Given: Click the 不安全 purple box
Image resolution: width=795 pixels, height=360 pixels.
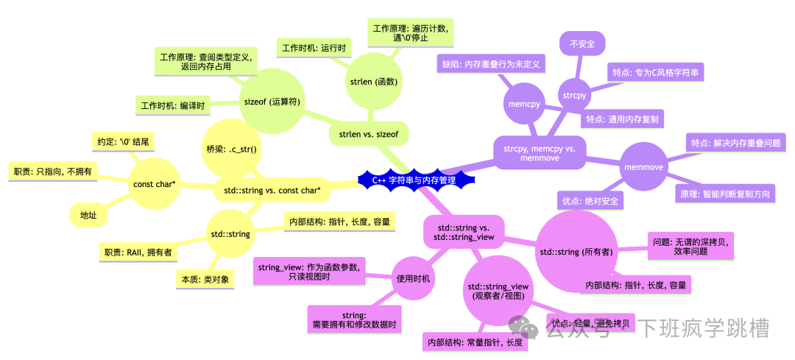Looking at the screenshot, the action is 582,44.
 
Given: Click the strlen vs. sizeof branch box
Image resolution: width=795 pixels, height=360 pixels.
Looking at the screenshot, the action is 368,135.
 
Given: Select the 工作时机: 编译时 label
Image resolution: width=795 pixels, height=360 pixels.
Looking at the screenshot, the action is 173,105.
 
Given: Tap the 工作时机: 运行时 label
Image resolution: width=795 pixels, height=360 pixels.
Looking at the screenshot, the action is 314,48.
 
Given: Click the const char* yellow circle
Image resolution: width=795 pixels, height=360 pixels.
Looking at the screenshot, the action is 154,185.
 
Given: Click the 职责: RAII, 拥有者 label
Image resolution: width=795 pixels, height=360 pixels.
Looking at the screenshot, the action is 138,252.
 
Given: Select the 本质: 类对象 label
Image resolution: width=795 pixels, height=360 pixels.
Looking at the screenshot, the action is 205,279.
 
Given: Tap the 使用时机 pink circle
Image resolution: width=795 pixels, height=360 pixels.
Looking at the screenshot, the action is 414,279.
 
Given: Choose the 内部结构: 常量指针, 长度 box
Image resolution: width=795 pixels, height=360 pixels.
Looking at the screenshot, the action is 476,342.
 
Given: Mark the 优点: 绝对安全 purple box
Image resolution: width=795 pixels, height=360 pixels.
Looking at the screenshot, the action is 590,201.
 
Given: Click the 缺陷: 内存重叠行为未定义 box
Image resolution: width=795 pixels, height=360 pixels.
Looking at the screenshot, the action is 490,64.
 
